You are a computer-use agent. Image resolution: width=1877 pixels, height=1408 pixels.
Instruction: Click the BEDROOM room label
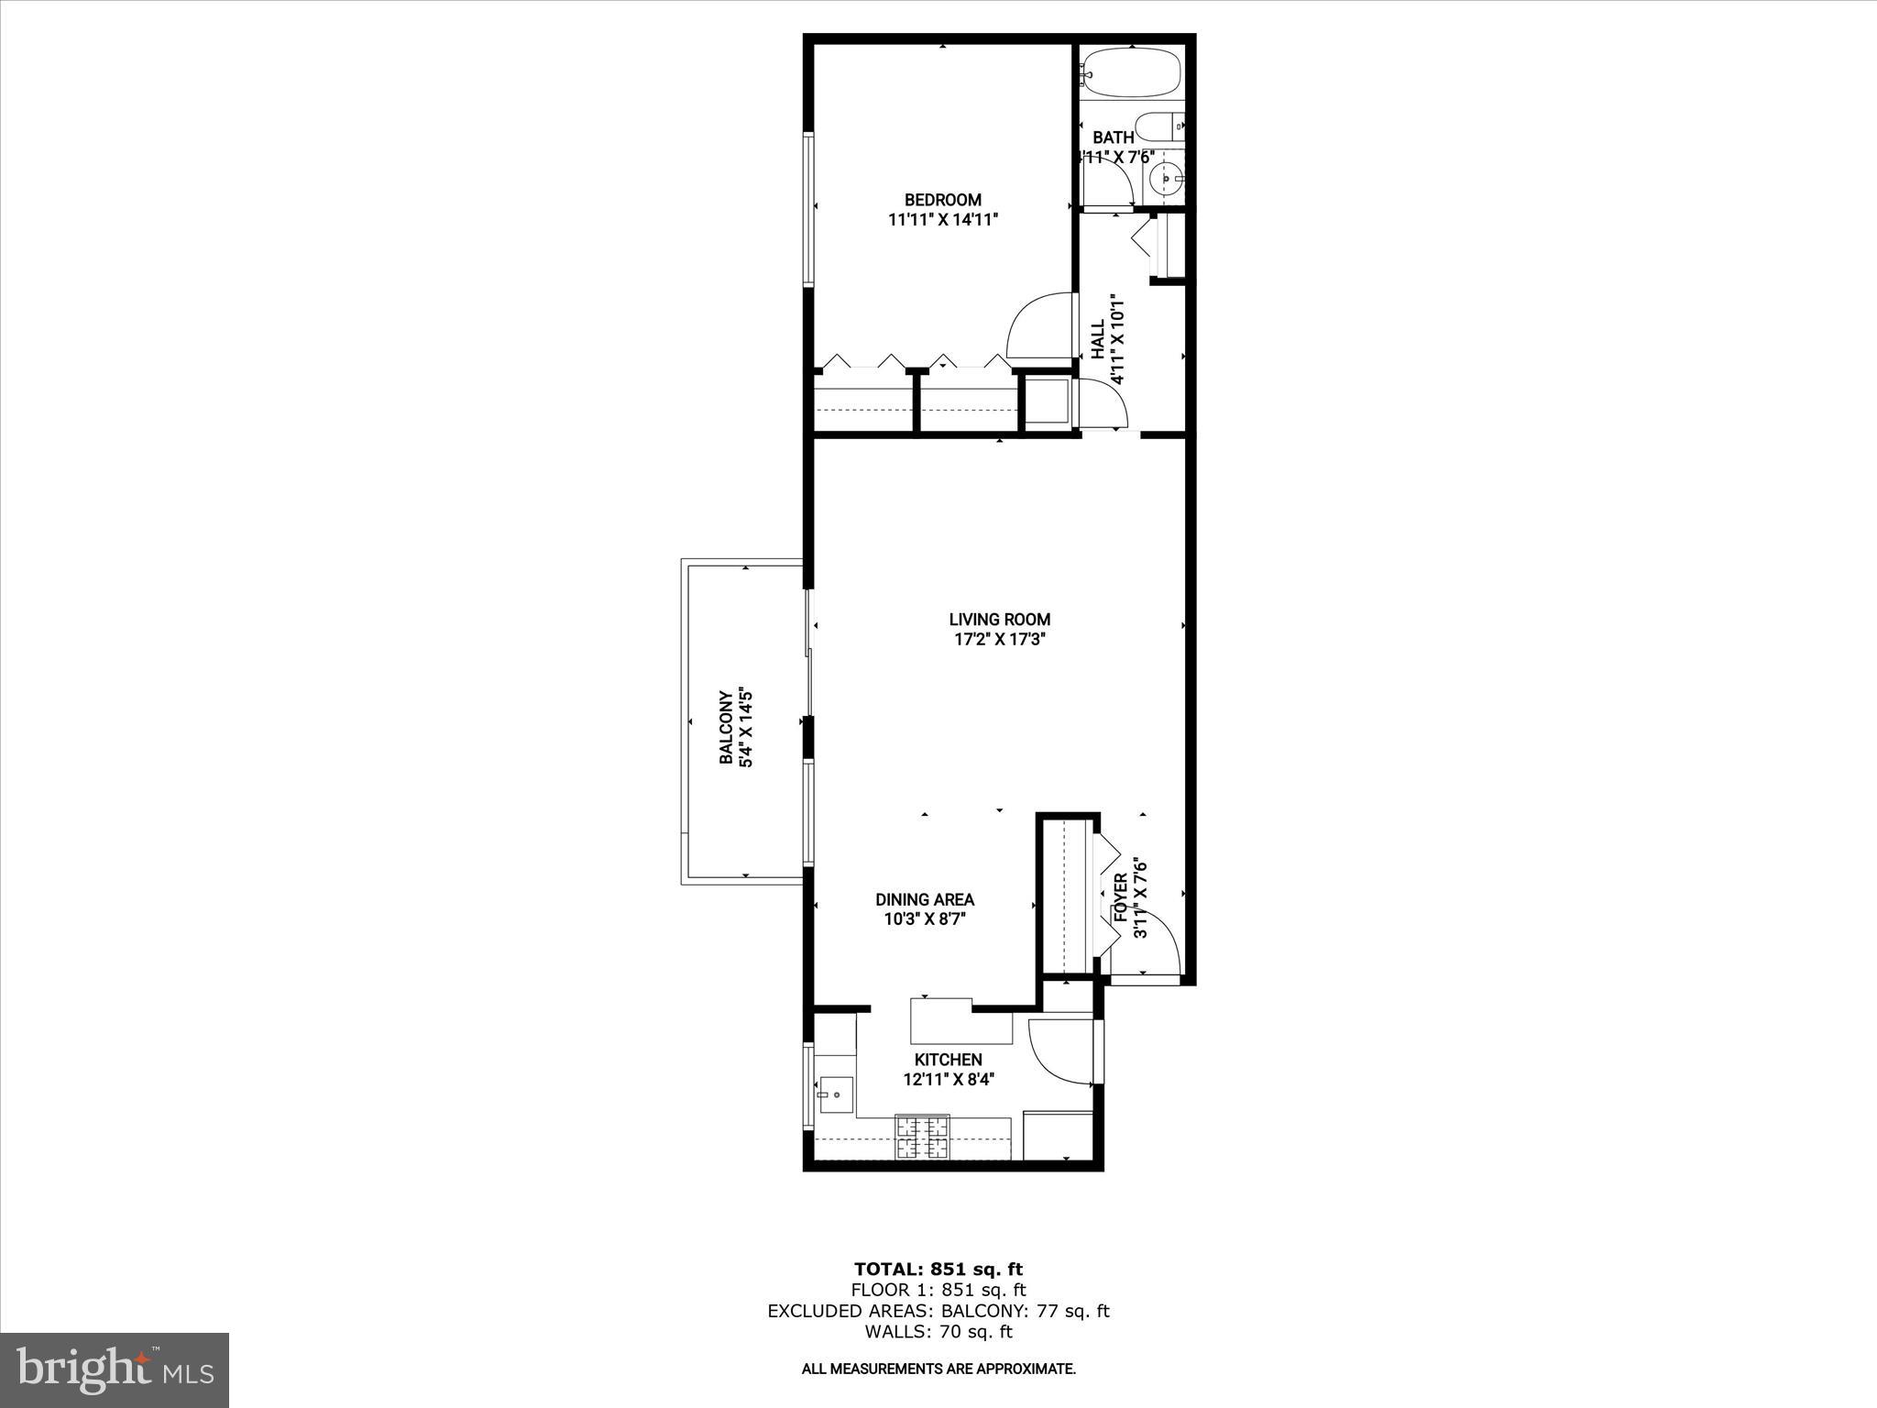click(x=942, y=200)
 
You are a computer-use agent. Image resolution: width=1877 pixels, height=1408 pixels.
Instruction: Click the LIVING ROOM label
click(x=999, y=620)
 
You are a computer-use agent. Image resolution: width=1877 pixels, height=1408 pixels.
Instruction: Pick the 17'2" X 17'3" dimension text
click(x=999, y=640)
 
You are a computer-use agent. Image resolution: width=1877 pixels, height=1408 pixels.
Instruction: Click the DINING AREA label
click(x=924, y=900)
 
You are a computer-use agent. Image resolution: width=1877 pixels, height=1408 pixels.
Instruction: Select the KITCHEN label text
click(x=948, y=1060)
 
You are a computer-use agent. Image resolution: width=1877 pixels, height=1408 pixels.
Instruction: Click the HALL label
click(x=1097, y=339)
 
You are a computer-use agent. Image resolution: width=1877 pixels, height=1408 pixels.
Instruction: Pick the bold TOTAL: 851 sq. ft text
click(x=938, y=1270)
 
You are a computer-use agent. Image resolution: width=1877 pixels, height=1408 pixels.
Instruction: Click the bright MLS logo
click(x=115, y=1369)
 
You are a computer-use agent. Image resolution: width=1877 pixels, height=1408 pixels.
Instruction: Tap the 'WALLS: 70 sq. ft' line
click(x=938, y=1332)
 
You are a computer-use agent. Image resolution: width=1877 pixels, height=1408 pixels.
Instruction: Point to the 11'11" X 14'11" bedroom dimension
click(x=942, y=220)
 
